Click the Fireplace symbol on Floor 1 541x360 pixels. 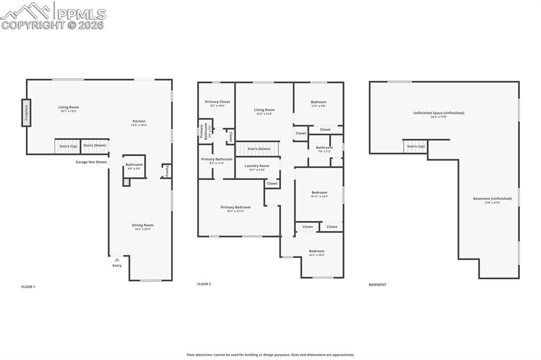pyautogui.click(x=26, y=112)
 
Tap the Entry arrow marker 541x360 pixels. pyautogui.click(x=117, y=260)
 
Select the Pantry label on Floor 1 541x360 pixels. pyautogui.click(x=166, y=171)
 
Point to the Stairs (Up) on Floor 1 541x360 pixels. pyautogui.click(x=68, y=146)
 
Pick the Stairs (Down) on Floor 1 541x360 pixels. pyautogui.click(x=95, y=146)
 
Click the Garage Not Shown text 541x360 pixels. pyautogui.click(x=91, y=162)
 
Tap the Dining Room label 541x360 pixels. pyautogui.click(x=143, y=225)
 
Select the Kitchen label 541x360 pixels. pyautogui.click(x=139, y=121)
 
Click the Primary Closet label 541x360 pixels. pyautogui.click(x=217, y=102)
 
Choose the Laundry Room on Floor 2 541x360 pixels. pyautogui.click(x=257, y=166)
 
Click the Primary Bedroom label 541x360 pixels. pyautogui.click(x=236, y=207)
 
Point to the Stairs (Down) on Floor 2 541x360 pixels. pyautogui.click(x=259, y=149)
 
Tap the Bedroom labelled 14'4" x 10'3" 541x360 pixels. pyautogui.click(x=316, y=251)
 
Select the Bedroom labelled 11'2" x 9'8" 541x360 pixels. pyautogui.click(x=318, y=102)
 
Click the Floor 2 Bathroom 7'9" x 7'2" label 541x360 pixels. pyautogui.click(x=324, y=148)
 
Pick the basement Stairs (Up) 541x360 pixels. pyautogui.click(x=416, y=146)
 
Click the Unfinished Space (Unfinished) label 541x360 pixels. pyautogui.click(x=439, y=113)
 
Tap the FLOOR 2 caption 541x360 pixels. pyautogui.click(x=204, y=284)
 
